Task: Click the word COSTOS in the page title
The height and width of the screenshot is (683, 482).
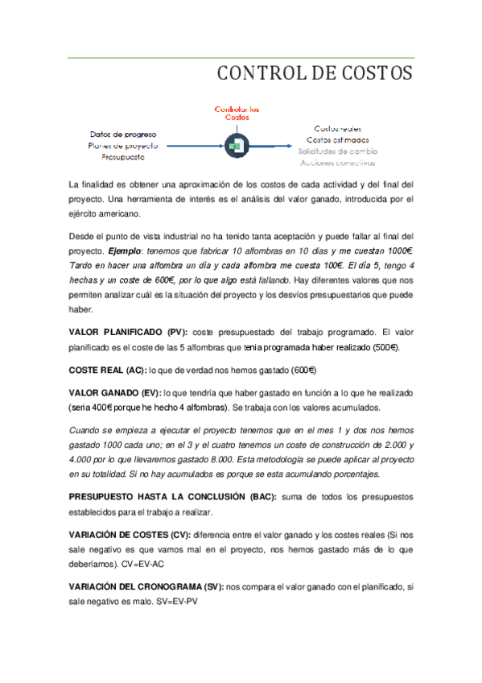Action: [375, 75]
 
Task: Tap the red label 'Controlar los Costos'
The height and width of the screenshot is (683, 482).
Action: [237, 113]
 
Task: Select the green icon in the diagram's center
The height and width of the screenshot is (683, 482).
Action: [237, 145]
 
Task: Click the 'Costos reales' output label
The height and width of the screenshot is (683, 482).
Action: [338, 128]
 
